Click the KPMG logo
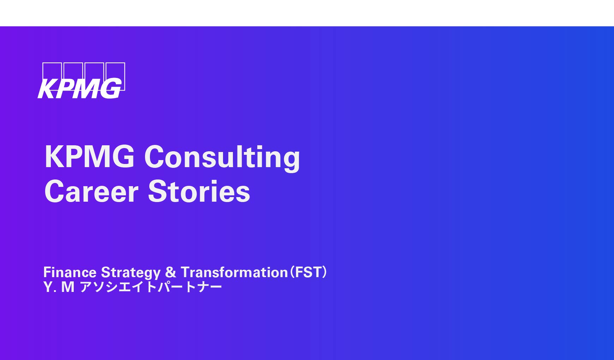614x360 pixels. [x=82, y=80]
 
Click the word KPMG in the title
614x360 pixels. [x=90, y=157]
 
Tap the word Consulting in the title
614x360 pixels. [x=222, y=158]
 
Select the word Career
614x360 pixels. [x=91, y=191]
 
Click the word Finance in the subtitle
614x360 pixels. [x=70, y=272]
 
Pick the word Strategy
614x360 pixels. [x=131, y=273]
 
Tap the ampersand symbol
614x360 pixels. [x=171, y=272]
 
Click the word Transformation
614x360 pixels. [x=234, y=272]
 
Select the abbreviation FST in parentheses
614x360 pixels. [x=308, y=272]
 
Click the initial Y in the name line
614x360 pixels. [x=48, y=287]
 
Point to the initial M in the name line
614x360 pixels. [x=68, y=287]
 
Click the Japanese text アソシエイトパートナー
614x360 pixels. [x=151, y=287]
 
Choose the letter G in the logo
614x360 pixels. [x=110, y=89]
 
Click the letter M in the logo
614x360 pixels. [x=85, y=89]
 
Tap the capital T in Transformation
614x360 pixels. [x=186, y=272]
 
